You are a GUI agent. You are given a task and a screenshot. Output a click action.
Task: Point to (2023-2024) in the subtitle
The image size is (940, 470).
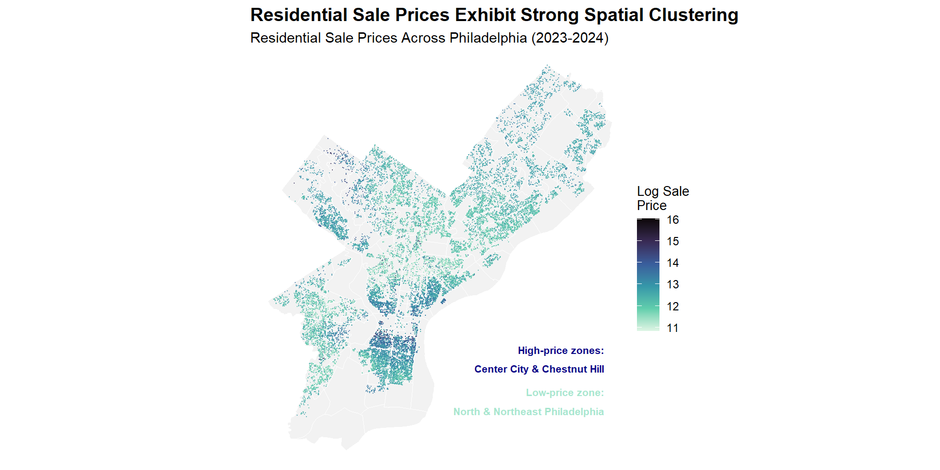coord(570,38)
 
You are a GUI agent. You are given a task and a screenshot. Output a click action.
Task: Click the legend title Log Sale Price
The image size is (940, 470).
coord(662,198)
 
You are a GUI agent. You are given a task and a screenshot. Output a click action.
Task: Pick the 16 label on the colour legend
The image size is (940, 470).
coord(673,220)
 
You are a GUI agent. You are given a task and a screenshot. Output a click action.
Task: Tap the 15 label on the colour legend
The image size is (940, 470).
coord(673,241)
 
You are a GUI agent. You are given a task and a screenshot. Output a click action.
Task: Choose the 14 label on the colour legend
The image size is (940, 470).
coord(673,263)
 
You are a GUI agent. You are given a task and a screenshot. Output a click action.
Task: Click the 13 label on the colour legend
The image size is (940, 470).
coord(673,284)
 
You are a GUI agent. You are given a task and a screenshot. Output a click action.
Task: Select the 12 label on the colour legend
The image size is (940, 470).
coord(673,306)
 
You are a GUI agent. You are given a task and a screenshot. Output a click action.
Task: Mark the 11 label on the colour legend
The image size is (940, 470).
coord(673,328)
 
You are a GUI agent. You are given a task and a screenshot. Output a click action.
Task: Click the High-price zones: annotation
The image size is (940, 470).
coord(561,351)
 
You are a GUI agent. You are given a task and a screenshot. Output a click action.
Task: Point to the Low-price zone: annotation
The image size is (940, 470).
coord(564,393)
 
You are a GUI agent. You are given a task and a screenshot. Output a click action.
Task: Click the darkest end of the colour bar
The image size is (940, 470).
coord(648,221)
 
